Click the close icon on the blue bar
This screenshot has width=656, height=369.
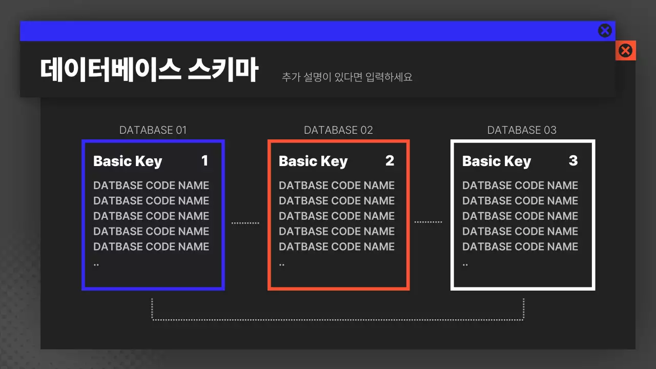point(605,31)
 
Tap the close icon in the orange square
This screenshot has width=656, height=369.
point(626,51)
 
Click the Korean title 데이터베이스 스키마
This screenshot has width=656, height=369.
point(149,70)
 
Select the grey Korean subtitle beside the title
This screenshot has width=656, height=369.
point(347,77)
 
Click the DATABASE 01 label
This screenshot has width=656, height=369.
point(153,130)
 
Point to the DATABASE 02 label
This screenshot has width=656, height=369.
point(338,130)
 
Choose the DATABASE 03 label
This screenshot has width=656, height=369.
point(522,130)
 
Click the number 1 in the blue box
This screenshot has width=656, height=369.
point(204,160)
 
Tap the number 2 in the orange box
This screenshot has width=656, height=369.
point(390,160)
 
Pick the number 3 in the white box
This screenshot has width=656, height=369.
point(573,160)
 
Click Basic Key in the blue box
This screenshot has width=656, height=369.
point(128,161)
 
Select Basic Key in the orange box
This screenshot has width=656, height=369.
point(313,161)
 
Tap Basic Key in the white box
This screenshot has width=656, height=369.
point(497,161)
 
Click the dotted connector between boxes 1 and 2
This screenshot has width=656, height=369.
point(245,223)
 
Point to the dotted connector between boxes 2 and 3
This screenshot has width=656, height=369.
point(428,222)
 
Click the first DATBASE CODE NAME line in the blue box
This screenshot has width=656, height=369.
point(151,186)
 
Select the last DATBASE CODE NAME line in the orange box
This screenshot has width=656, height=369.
point(337,247)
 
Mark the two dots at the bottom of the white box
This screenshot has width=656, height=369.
point(465,265)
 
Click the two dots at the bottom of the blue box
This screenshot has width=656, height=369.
point(96,265)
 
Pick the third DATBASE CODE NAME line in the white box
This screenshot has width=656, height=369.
point(520,216)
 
